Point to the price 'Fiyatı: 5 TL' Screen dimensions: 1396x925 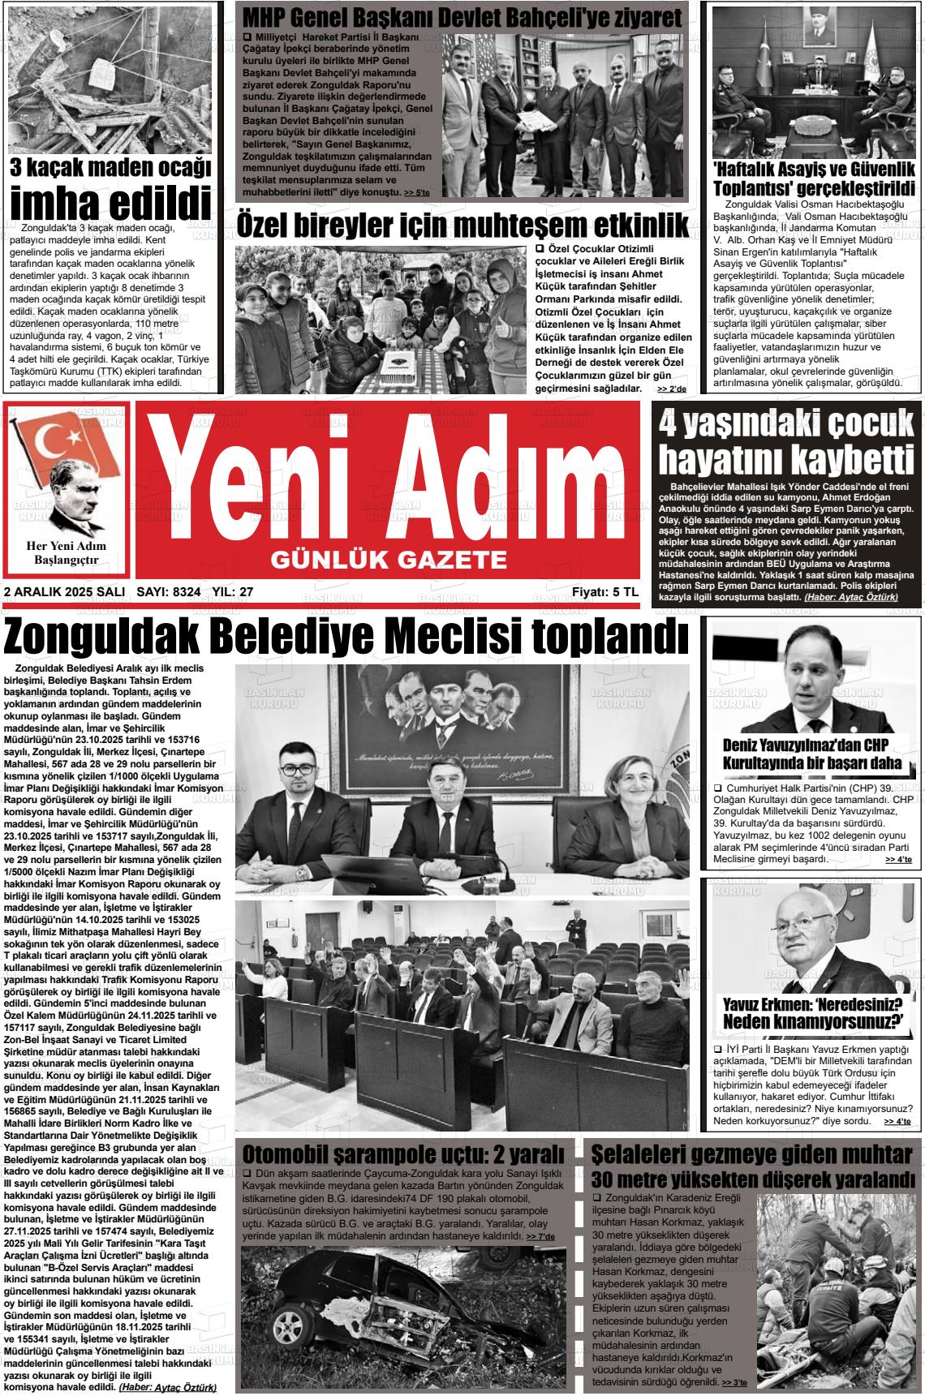pyautogui.click(x=604, y=592)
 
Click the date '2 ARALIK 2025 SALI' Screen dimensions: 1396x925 pyautogui.click(x=64, y=592)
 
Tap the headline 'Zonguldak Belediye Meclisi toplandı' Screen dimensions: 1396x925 pyautogui.click(x=346, y=638)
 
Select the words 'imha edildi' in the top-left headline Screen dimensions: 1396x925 pyautogui.click(x=111, y=201)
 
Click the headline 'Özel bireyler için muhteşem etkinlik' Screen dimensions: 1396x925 pyautogui.click(x=462, y=226)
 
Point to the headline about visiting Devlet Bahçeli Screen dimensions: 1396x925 pyautogui.click(x=462, y=17)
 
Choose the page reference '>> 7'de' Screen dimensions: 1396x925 pyautogui.click(x=540, y=1236)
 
